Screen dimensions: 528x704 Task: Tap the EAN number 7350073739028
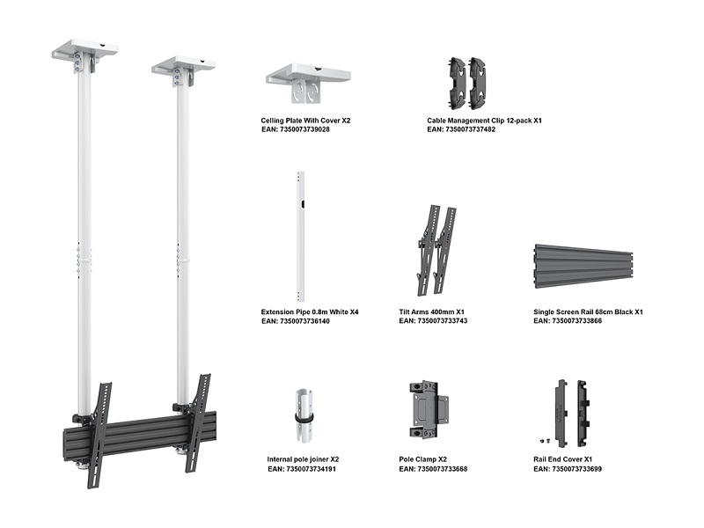click(x=296, y=129)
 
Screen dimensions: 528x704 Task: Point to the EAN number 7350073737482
click(x=461, y=129)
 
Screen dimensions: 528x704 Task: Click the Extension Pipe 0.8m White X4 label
click(x=310, y=312)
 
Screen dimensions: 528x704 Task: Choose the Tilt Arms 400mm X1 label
click(x=432, y=312)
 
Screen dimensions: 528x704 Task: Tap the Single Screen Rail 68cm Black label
click(x=588, y=312)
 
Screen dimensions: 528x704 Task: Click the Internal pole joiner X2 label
click(x=303, y=459)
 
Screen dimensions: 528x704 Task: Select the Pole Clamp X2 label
click(x=423, y=459)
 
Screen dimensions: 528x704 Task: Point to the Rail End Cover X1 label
click(x=565, y=459)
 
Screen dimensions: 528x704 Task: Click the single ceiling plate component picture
click(x=308, y=83)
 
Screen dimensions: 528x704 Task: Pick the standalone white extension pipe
click(x=301, y=235)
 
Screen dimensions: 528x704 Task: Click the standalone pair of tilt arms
click(x=437, y=250)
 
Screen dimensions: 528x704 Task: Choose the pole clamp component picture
click(x=429, y=407)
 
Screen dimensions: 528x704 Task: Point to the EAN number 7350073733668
click(x=433, y=469)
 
